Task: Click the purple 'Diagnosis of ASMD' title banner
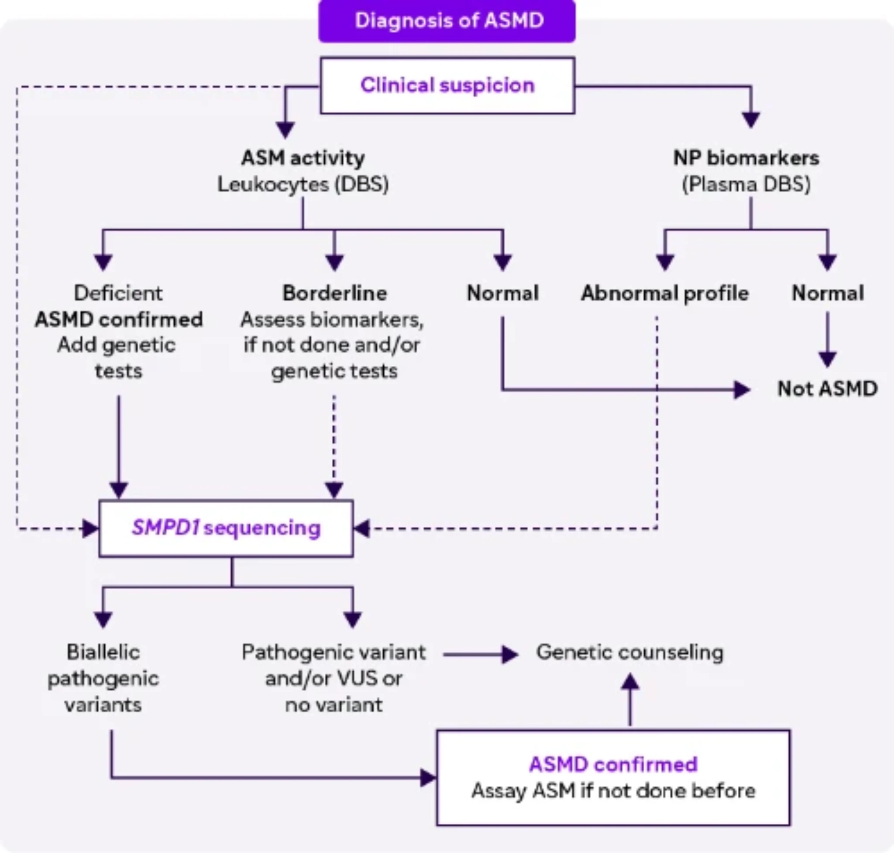click(447, 21)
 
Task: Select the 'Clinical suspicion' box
click(447, 86)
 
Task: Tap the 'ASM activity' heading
click(303, 158)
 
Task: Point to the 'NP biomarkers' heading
click(746, 158)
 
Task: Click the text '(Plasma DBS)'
click(746, 185)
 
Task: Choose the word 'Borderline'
click(334, 293)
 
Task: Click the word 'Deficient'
click(118, 293)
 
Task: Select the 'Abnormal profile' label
click(664, 293)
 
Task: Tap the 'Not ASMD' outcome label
click(827, 389)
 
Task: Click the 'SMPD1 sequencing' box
click(226, 528)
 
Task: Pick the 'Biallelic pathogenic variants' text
click(103, 678)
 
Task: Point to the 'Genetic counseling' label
click(630, 653)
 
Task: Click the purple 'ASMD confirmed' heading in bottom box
click(613, 764)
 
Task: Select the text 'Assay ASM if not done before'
click(613, 791)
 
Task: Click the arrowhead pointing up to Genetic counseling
click(630, 682)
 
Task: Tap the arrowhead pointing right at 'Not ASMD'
click(742, 390)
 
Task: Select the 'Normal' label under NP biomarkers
click(827, 293)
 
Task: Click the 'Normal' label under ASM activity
click(502, 293)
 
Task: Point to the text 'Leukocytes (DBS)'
click(303, 185)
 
